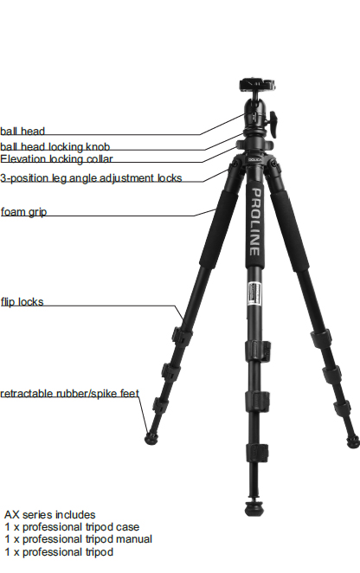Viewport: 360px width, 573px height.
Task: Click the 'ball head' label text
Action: [22, 131]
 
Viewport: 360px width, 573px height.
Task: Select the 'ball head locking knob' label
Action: [55, 146]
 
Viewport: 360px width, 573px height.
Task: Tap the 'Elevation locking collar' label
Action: [56, 159]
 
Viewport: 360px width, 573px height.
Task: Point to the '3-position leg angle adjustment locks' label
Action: [91, 178]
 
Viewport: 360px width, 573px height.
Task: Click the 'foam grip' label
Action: [23, 212]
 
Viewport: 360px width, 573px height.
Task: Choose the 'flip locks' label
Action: [22, 302]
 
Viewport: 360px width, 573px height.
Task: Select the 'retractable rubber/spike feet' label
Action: [69, 393]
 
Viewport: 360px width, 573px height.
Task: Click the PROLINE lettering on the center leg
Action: [255, 222]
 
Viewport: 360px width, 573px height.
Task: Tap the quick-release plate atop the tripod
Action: [257, 85]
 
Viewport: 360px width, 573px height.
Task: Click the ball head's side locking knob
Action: [273, 125]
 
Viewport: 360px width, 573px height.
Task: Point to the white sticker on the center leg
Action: [254, 293]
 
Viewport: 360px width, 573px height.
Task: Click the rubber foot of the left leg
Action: [151, 439]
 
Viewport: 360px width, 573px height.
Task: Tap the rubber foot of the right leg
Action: [353, 441]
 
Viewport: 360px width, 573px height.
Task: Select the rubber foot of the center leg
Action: [254, 509]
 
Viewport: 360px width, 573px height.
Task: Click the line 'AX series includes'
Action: [49, 514]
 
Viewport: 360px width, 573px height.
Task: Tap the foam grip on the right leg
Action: [289, 230]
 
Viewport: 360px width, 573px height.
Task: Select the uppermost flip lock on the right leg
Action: [321, 338]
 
